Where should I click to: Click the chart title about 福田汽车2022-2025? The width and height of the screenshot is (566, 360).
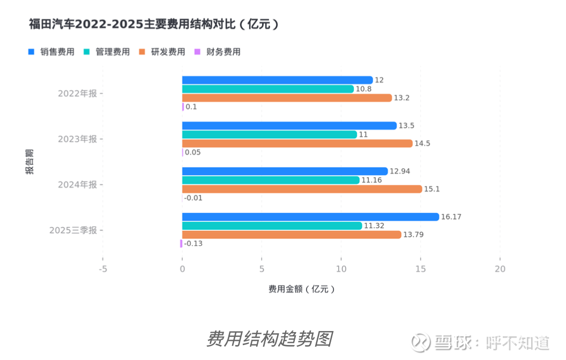pyautogui.click(x=154, y=25)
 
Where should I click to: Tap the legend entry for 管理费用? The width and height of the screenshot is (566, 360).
pyautogui.click(x=107, y=52)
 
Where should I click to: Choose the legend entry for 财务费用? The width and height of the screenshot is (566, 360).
pyautogui.click(x=218, y=52)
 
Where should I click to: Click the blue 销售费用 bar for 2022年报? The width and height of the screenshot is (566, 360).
pyautogui.click(x=277, y=80)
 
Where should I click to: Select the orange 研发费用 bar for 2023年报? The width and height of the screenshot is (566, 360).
pyautogui.click(x=297, y=144)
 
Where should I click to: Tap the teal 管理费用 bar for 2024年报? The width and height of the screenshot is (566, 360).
pyautogui.click(x=271, y=180)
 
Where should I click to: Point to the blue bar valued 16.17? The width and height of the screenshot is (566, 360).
pyautogui.click(x=310, y=217)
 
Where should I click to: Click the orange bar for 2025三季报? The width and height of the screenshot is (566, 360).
pyautogui.click(x=292, y=235)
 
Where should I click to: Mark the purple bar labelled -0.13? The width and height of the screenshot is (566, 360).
pyautogui.click(x=181, y=244)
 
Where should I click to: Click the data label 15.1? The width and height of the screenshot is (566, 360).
pyautogui.click(x=431, y=189)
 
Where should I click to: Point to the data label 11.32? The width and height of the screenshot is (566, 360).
pyautogui.click(x=374, y=226)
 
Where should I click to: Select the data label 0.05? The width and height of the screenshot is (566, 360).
pyautogui.click(x=193, y=153)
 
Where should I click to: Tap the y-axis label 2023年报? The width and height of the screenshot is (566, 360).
pyautogui.click(x=78, y=139)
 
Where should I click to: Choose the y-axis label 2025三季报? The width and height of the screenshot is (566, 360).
pyautogui.click(x=73, y=230)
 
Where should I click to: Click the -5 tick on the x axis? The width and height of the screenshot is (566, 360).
pyautogui.click(x=103, y=269)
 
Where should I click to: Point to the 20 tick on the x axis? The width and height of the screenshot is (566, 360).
pyautogui.click(x=500, y=269)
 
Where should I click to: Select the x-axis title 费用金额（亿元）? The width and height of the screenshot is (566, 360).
pyautogui.click(x=302, y=289)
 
